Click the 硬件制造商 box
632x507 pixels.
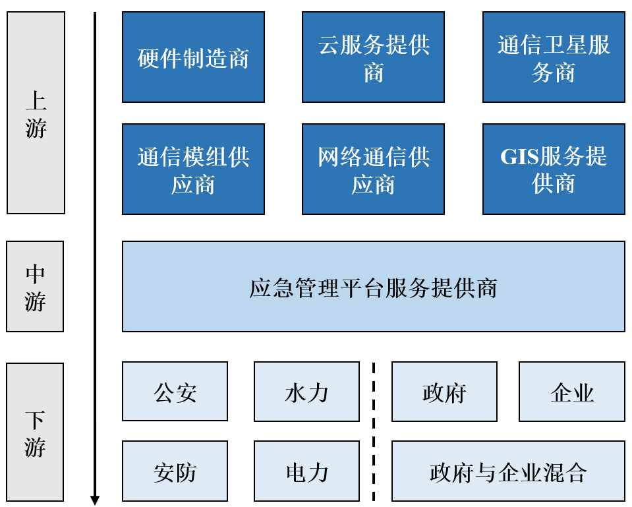[x=193, y=57]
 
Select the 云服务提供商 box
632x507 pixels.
[x=373, y=57]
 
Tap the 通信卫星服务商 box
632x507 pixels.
[x=554, y=57]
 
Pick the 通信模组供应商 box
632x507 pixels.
[x=193, y=169]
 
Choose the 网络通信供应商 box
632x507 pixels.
[x=373, y=169]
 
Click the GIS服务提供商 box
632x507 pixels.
[x=554, y=169]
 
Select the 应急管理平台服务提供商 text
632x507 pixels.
[x=373, y=288]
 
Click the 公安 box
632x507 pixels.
[x=175, y=392]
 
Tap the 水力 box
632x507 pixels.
[x=306, y=392]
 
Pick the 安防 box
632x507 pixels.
[x=175, y=471]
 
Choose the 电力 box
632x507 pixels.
[x=306, y=471]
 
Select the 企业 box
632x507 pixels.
[x=571, y=392]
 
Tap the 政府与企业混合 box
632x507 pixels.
[x=508, y=471]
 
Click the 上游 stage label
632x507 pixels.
[x=36, y=113]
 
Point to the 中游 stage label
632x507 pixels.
[x=35, y=286]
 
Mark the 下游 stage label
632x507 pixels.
[x=35, y=432]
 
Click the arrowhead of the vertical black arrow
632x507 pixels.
[x=95, y=500]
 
